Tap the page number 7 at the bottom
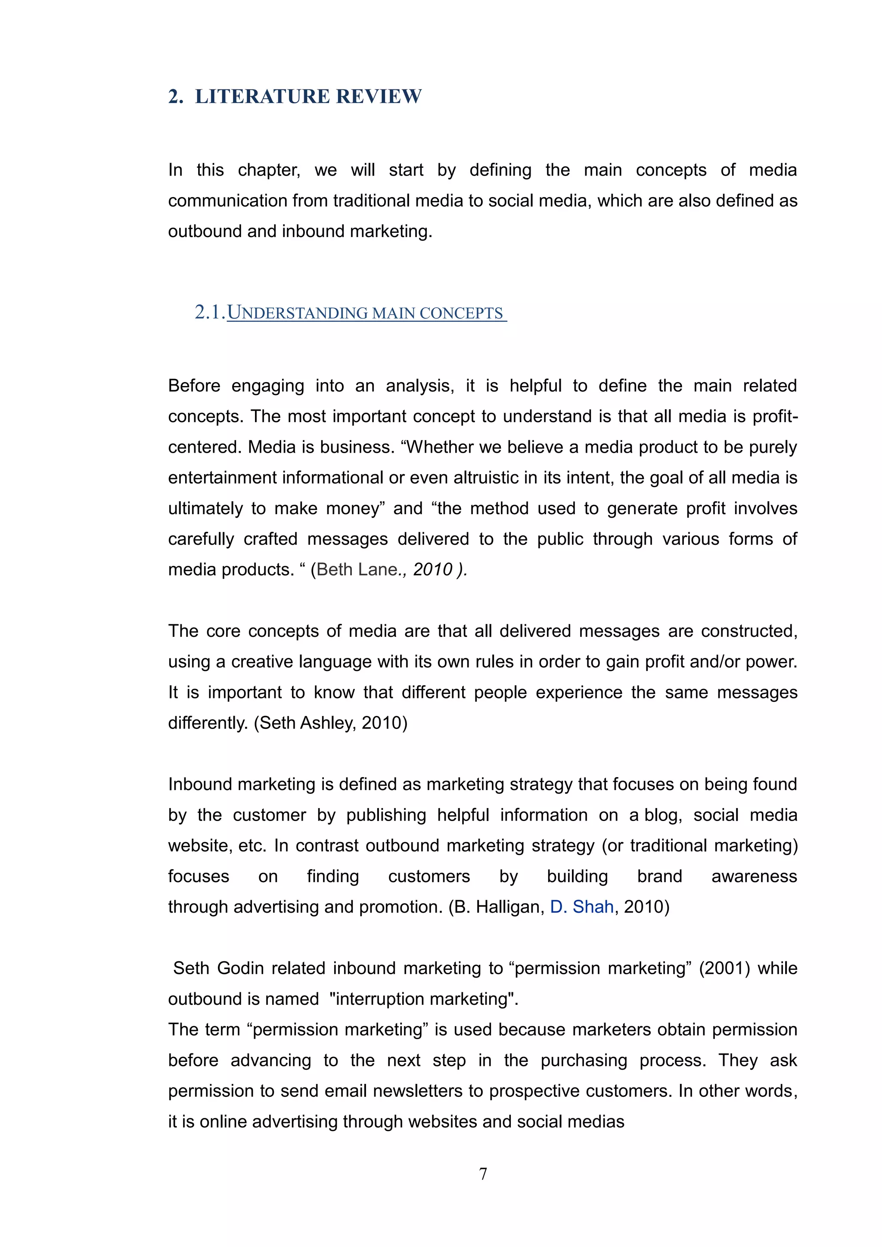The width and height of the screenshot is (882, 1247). click(483, 1174)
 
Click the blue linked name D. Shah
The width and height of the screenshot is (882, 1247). click(581, 907)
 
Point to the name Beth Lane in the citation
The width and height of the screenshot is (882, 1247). click(357, 569)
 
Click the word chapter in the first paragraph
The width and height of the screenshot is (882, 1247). click(269, 170)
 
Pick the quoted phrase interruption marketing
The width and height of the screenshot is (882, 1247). click(423, 999)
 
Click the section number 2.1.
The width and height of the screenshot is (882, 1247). click(210, 312)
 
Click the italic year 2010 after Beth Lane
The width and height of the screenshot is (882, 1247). click(432, 569)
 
